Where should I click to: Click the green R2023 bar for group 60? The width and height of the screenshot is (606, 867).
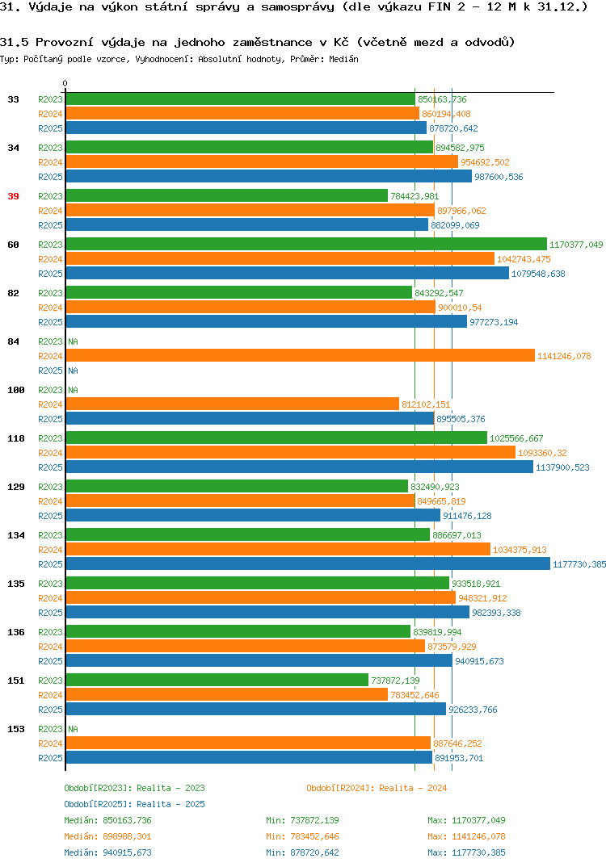pyautogui.click(x=306, y=245)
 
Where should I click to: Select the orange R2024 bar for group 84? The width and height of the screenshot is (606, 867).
pyautogui.click(x=300, y=356)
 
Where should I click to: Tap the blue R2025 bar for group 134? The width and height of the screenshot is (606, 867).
pyautogui.click(x=308, y=564)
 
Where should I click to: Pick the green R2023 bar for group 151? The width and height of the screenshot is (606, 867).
pyautogui.click(x=217, y=680)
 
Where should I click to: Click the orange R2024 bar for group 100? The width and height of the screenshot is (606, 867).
pyautogui.click(x=233, y=404)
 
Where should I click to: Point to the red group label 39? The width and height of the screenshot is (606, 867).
pyautogui.click(x=13, y=196)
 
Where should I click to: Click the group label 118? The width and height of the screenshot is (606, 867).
pyautogui.click(x=16, y=438)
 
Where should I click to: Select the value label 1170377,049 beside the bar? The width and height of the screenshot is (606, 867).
pyautogui.click(x=576, y=245)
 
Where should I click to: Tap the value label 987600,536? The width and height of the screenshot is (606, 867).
pyautogui.click(x=499, y=177)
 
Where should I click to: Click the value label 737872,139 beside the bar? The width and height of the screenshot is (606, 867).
pyautogui.click(x=395, y=681)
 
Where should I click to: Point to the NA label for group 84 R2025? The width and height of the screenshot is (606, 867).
pyautogui.click(x=73, y=371)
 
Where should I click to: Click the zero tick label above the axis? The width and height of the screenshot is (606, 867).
pyautogui.click(x=65, y=83)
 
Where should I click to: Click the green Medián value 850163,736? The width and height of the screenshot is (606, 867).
pyautogui.click(x=128, y=820)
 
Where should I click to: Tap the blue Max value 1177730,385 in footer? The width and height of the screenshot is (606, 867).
pyautogui.click(x=478, y=852)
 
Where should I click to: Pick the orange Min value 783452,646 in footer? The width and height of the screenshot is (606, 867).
pyautogui.click(x=314, y=836)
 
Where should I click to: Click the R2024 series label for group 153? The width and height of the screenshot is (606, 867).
pyautogui.click(x=50, y=743)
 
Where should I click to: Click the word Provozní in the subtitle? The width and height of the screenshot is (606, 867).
pyautogui.click(x=62, y=42)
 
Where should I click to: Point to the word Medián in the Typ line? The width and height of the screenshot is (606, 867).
pyautogui.click(x=343, y=59)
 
